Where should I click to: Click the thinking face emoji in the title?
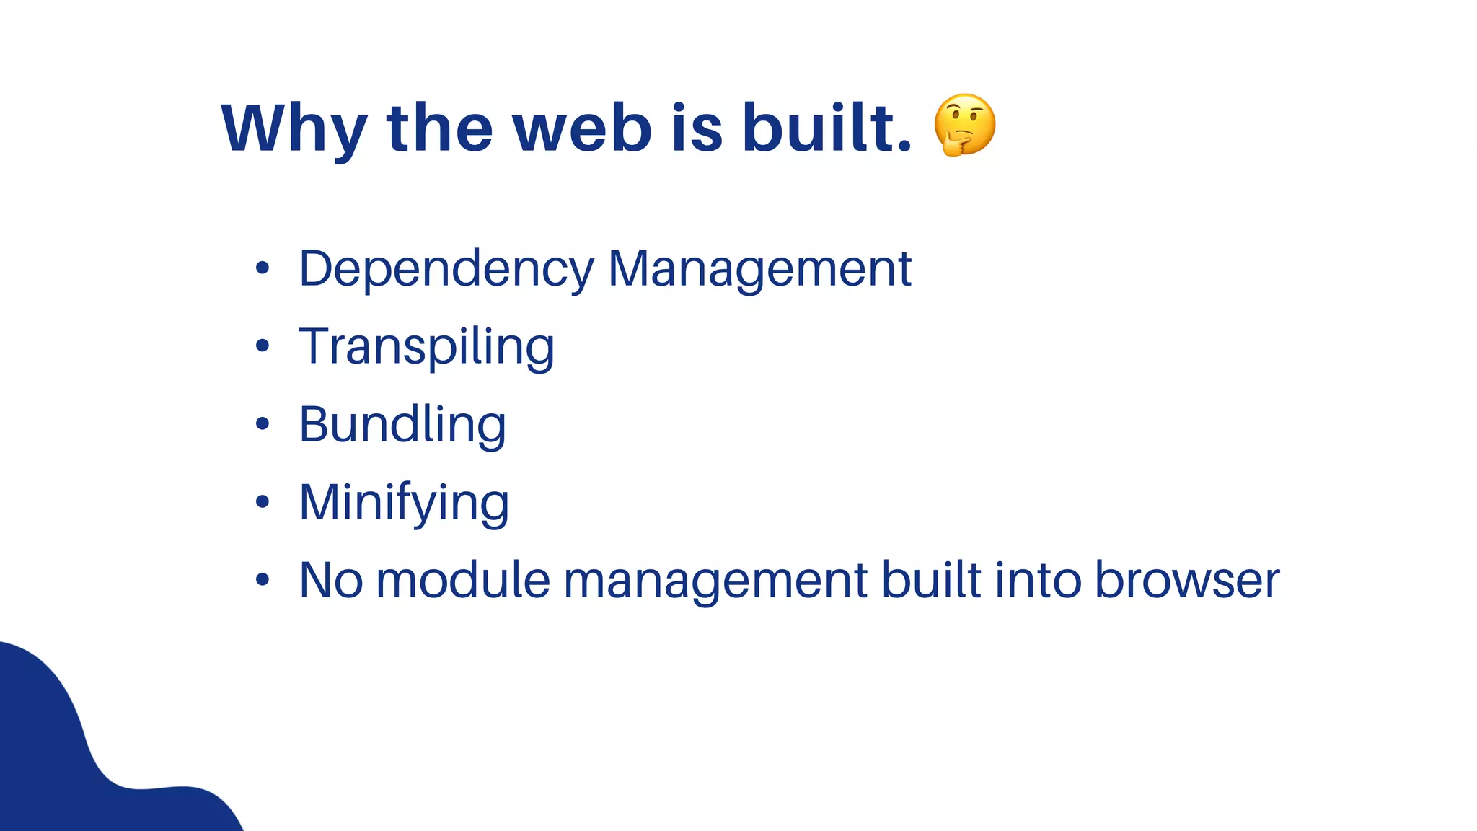[x=964, y=125]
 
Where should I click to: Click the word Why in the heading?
[x=294, y=128]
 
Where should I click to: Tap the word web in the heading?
[x=581, y=128]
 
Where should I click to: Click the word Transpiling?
[x=426, y=348]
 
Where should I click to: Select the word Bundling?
[x=402, y=426]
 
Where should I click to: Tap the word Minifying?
[x=404, y=504]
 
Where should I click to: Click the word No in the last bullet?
[x=331, y=580]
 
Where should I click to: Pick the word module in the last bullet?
[x=463, y=580]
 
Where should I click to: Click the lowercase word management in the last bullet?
[x=715, y=581]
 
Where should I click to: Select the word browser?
[x=1186, y=580]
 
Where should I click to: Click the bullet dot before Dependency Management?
[x=263, y=268]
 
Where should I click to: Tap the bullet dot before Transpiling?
[x=263, y=346]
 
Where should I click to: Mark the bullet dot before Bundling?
[x=263, y=424]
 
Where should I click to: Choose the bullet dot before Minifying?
[x=263, y=501]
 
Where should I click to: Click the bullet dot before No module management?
[x=263, y=579]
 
